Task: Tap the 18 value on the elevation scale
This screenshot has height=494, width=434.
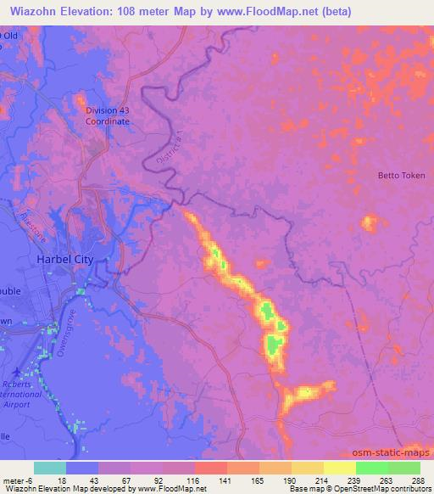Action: (x=60, y=480)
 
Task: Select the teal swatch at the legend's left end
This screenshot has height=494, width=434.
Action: (x=50, y=468)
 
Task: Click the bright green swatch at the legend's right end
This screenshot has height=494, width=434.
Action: (x=404, y=468)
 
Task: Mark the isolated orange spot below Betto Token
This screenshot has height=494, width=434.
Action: (x=369, y=223)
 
